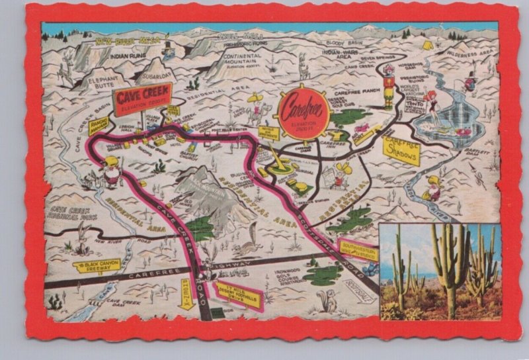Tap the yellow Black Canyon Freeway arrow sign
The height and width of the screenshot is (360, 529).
(x=95, y=266)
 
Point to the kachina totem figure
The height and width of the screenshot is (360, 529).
(x=389, y=86)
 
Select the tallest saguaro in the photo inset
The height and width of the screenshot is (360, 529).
(x=450, y=265)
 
